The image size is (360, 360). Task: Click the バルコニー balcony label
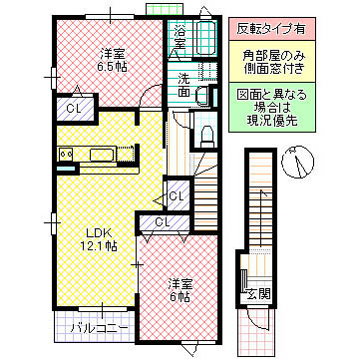96,325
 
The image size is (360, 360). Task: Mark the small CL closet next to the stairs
176,194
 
